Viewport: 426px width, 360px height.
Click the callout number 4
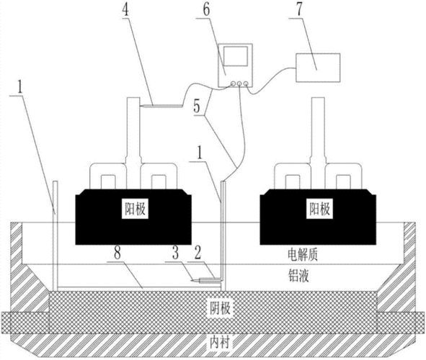125,10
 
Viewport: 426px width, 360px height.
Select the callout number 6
206,10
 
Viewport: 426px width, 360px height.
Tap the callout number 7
299,10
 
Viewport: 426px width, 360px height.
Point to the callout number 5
197,107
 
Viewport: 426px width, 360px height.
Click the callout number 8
117,254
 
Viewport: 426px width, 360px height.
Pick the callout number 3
176,253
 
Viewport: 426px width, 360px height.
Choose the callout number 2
198,253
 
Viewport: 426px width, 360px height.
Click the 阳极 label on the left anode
135,210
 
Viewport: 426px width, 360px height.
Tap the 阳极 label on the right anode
319,210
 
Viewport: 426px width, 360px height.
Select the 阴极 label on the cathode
220,308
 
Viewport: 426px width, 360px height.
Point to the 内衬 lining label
220,343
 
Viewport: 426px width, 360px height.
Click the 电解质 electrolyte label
303,255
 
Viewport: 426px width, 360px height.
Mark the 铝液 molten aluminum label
298,276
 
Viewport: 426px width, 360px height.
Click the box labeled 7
318,68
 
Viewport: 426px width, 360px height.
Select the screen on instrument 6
235,55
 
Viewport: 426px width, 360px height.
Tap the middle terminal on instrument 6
239,84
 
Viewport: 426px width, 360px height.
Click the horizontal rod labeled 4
161,106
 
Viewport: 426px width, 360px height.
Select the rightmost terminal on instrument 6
246,84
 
